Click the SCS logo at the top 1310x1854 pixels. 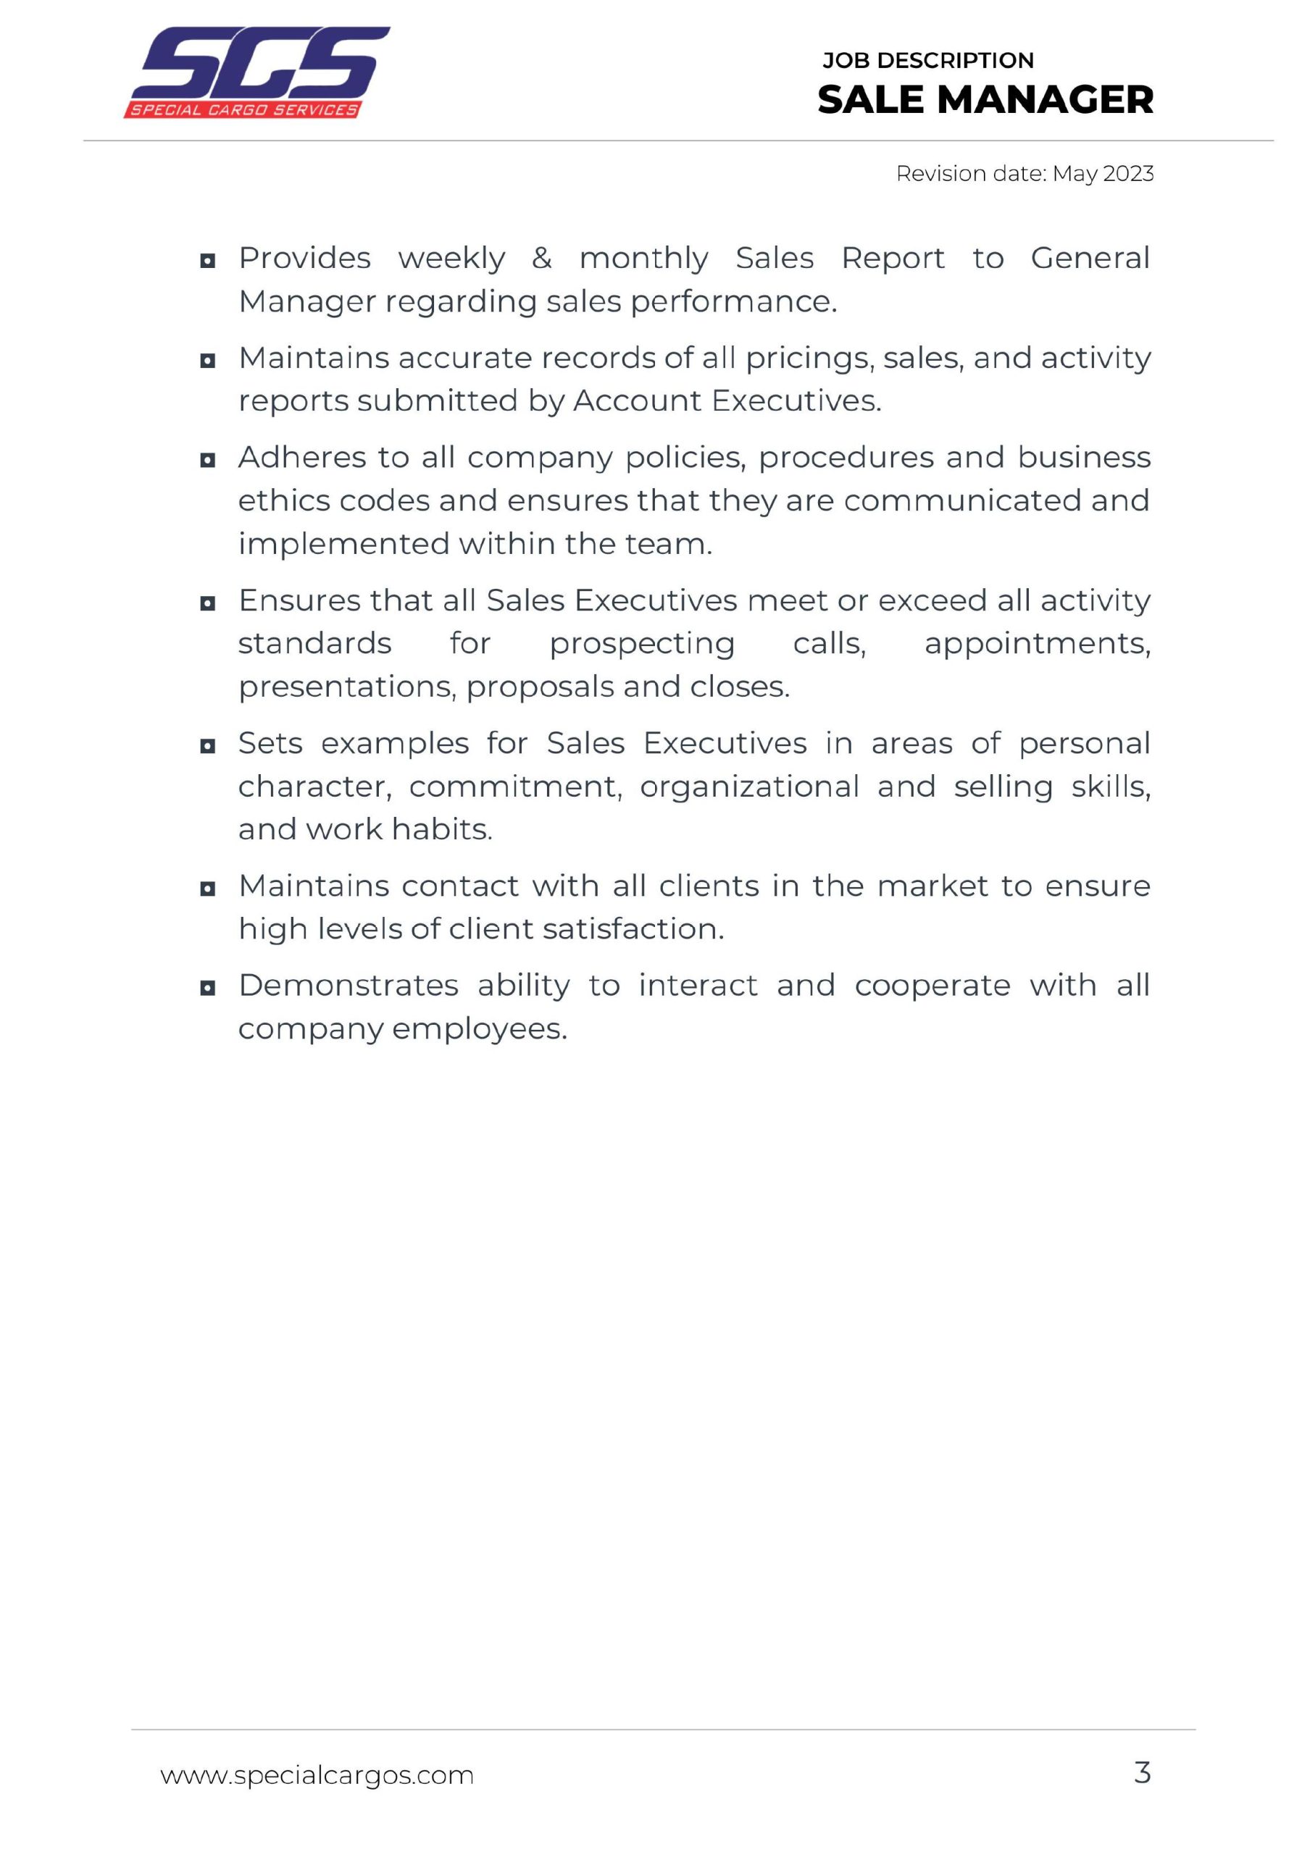click(256, 72)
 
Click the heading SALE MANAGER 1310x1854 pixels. click(985, 100)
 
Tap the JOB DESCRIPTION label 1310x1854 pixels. click(927, 61)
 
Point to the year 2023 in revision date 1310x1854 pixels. click(1127, 174)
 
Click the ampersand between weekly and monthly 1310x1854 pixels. click(541, 259)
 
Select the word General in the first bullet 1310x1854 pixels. click(1090, 259)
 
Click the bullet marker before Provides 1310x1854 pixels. click(207, 261)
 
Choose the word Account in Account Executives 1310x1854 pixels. click(637, 401)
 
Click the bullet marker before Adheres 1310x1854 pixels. click(207, 461)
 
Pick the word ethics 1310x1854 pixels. click(283, 500)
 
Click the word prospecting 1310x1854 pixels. click(642, 645)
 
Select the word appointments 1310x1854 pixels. click(1037, 645)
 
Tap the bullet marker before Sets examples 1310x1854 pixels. click(207, 746)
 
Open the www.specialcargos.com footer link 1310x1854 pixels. click(317, 1776)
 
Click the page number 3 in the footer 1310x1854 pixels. click(1141, 1774)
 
